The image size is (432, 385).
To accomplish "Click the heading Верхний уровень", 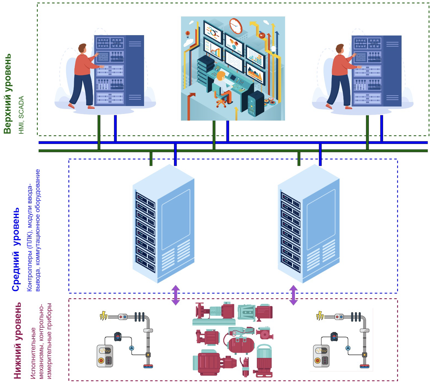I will pos(8,94).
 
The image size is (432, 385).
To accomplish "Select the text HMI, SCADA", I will pos(21,115).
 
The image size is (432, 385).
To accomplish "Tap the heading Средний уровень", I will pos(16,249).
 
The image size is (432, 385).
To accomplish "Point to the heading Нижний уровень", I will pos(17,341).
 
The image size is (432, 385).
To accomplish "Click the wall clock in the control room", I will pos(236,26).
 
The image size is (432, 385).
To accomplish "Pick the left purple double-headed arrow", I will pos(176,295).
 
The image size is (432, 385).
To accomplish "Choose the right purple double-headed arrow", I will pos(294,295).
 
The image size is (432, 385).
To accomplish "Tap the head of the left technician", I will pos(82,49).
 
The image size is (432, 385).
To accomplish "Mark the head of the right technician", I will pos(340,49).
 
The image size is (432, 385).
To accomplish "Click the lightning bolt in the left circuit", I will pos(103,316).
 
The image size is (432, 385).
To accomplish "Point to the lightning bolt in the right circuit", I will pos(320,316).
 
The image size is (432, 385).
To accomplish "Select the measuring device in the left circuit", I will pos(105,356).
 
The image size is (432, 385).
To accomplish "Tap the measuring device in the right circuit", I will pos(321,356).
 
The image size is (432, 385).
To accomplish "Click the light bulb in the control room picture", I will pos(273,49).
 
